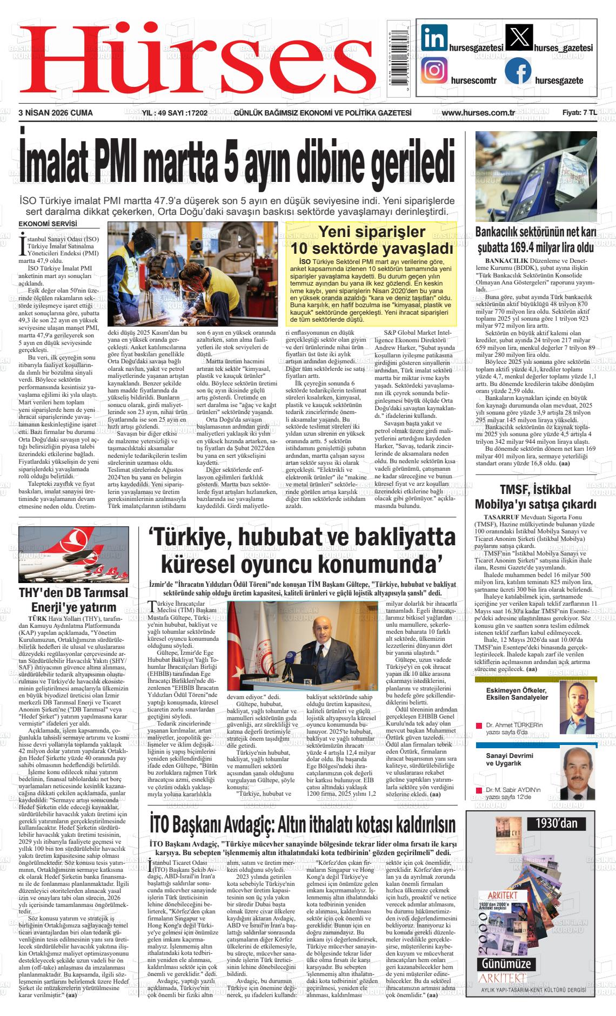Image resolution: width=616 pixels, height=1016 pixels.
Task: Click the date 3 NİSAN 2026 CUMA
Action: (56, 113)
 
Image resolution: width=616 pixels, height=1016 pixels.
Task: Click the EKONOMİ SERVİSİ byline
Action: (48, 224)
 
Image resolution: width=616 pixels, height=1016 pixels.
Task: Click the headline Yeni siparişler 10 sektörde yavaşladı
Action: (371, 241)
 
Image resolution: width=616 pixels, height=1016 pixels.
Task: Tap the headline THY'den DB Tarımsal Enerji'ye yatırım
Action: (73, 599)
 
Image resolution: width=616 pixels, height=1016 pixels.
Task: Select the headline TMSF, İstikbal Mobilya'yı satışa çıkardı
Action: (535, 497)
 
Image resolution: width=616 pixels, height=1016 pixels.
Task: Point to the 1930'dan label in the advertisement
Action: (557, 824)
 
